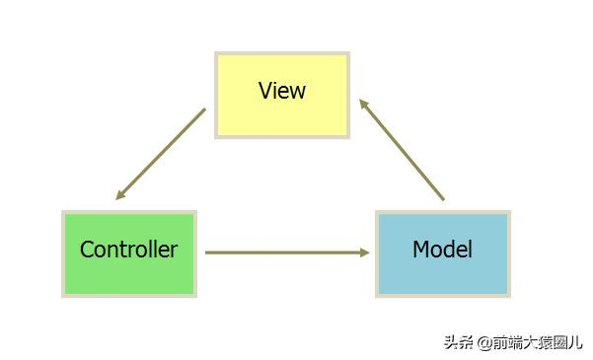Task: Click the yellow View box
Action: [282, 95]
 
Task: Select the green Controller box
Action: [129, 253]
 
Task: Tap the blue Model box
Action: [442, 253]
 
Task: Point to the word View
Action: [282, 91]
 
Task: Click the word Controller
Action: [128, 250]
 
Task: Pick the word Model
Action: [442, 250]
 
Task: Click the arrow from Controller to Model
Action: [286, 252]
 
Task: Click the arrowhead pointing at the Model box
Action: [364, 252]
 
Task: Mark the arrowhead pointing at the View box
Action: [363, 103]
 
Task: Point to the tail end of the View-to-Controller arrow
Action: [204, 109]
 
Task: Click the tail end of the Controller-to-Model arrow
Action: [207, 252]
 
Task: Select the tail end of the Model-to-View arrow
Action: [443, 199]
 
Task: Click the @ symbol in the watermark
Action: [484, 342]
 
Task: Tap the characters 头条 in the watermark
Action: [459, 342]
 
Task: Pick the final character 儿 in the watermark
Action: [575, 342]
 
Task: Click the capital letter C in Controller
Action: [87, 250]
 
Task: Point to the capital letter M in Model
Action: [420, 250]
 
